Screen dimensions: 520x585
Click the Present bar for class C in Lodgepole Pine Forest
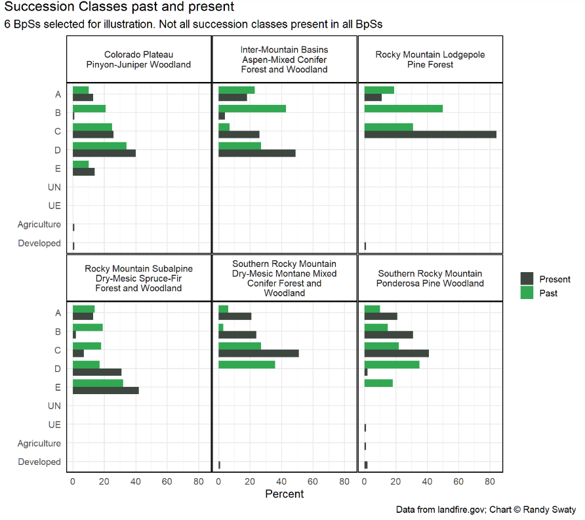click(430, 134)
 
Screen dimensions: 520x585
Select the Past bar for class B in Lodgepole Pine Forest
click(403, 108)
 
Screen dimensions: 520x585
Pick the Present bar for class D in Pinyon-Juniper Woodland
click(104, 153)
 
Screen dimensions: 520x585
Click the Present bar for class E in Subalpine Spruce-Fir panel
click(106, 390)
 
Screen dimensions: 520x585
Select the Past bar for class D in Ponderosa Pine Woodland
click(392, 365)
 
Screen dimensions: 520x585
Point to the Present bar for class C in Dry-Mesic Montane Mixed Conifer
click(258, 353)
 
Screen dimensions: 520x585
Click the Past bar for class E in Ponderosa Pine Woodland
click(378, 383)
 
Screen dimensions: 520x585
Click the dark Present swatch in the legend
click(527, 279)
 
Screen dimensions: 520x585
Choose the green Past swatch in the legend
click(527, 293)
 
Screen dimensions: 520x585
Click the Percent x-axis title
click(285, 494)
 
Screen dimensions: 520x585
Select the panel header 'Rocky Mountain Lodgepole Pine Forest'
click(430, 60)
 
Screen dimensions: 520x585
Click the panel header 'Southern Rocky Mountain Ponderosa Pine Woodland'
click(430, 279)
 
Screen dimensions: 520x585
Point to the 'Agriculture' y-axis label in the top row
click(39, 224)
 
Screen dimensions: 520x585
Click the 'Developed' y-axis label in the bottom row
click(39, 462)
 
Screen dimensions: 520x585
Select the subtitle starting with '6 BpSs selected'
click(193, 24)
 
